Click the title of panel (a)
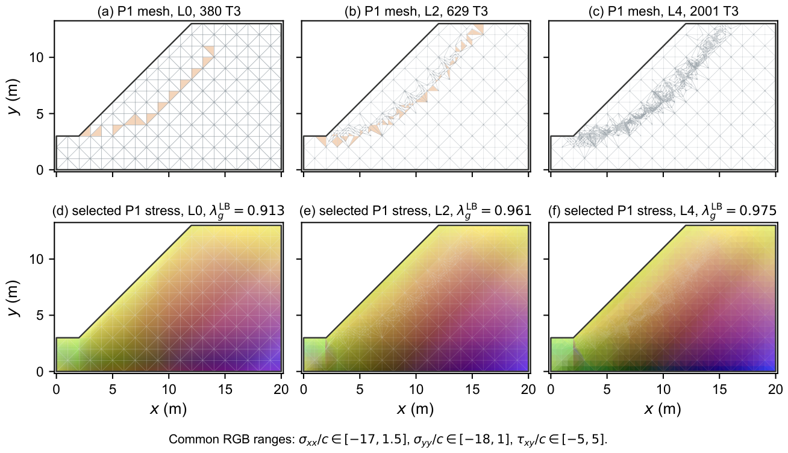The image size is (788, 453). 169,11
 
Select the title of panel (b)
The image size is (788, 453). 416,11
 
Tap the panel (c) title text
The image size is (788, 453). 663,11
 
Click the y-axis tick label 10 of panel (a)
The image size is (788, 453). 37,57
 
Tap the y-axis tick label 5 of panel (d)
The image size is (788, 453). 40,316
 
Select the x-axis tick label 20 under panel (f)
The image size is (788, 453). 775,389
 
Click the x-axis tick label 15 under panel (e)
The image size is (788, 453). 472,389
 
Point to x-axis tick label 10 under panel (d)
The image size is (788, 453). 169,389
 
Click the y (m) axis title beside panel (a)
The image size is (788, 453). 14,97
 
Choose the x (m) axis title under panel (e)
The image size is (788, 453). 416,409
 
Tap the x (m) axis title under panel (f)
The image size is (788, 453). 663,409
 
